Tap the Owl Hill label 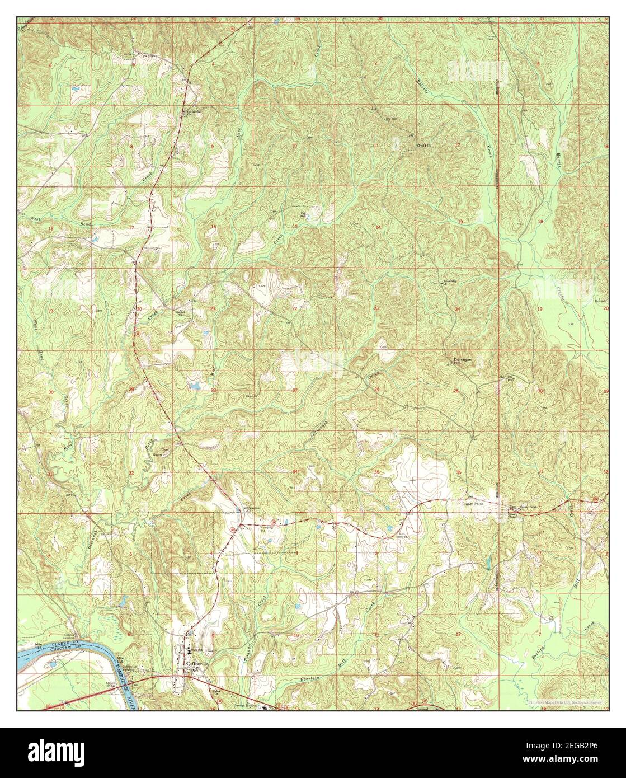(x=425, y=146)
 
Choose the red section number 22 (x=294, y=308)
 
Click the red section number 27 (x=295, y=390)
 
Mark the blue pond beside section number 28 (x=194, y=386)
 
